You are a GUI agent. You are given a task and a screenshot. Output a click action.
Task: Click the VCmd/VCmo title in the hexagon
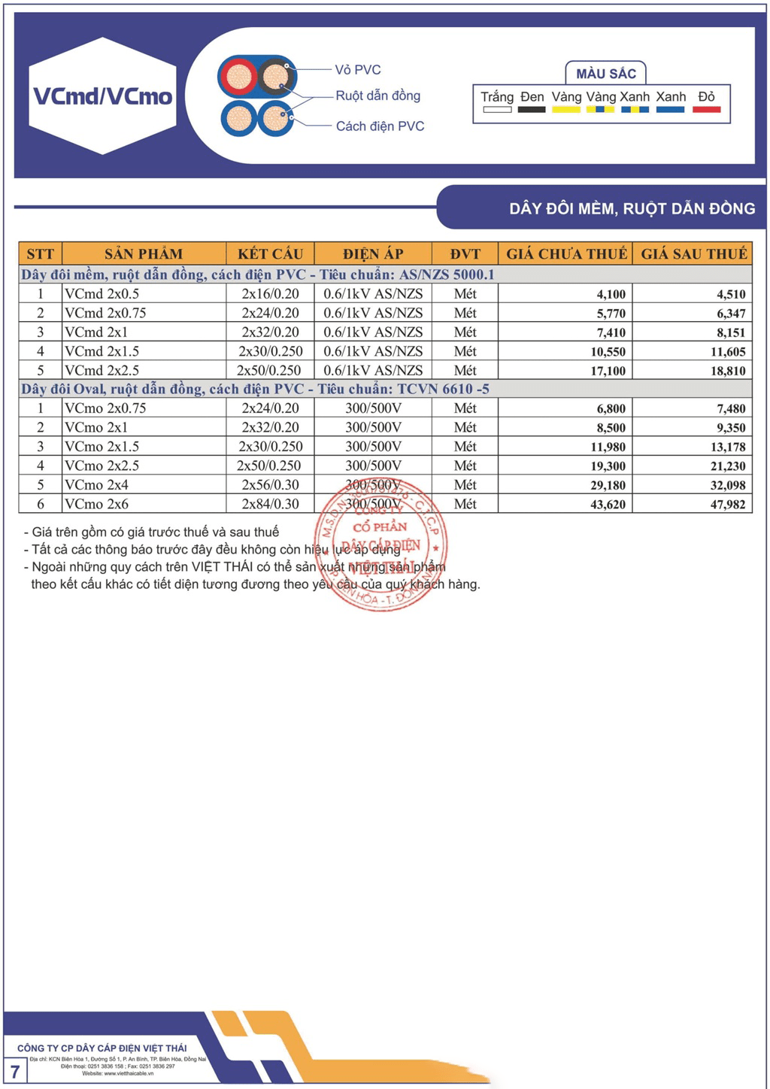tap(103, 96)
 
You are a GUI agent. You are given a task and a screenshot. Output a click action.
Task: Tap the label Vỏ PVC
tap(358, 70)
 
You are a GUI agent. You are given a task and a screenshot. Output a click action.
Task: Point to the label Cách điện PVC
tap(380, 126)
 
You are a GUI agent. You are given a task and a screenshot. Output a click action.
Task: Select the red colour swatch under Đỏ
tap(706, 110)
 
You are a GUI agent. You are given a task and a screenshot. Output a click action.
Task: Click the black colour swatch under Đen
tap(532, 110)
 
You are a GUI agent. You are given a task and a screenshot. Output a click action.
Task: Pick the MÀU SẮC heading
tap(606, 74)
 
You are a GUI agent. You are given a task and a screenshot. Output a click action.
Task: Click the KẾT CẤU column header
tap(270, 254)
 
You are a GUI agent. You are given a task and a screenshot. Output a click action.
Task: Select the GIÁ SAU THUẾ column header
tap(693, 254)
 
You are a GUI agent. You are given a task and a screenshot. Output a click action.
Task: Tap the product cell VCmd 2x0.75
tap(105, 313)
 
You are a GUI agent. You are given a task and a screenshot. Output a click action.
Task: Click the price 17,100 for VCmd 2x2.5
tap(608, 371)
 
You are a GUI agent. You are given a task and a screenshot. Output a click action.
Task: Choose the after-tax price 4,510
tap(730, 294)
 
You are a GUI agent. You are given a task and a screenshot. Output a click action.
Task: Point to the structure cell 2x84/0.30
tap(270, 504)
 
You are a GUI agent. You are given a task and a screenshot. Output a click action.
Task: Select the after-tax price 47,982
tap(727, 505)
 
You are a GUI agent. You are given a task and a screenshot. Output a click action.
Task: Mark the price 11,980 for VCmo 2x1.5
tap(608, 447)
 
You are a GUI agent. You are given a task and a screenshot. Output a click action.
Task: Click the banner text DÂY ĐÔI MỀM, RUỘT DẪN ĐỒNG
tap(632, 208)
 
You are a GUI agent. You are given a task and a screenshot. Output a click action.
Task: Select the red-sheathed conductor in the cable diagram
tap(238, 77)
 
